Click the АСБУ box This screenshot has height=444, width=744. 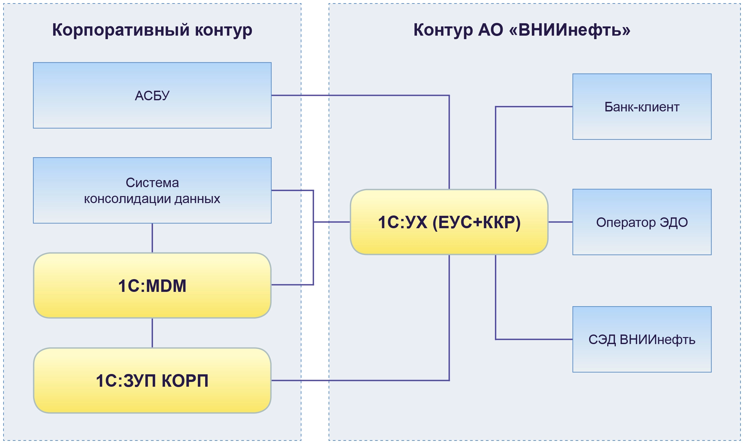click(x=152, y=95)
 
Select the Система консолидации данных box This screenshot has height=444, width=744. click(x=152, y=190)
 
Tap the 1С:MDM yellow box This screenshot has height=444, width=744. click(x=152, y=285)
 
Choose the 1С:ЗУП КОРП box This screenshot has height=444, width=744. click(x=152, y=380)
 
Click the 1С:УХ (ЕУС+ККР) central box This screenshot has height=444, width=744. click(x=449, y=222)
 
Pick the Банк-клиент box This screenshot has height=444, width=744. click(x=642, y=107)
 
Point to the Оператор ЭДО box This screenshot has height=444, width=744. click(x=642, y=222)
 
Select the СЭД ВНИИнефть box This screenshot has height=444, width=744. click(x=642, y=339)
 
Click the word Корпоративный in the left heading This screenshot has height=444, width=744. click(x=121, y=30)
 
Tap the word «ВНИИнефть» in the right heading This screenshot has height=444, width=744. click(x=569, y=30)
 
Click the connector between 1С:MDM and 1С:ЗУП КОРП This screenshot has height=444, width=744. click(x=152, y=333)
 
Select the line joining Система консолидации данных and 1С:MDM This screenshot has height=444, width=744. click(x=152, y=238)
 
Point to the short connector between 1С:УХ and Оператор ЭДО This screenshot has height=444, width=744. click(x=560, y=222)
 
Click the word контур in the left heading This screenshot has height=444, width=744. click(x=224, y=30)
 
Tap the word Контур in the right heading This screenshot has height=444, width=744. click(x=439, y=30)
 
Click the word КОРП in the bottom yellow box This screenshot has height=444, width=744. click(x=185, y=380)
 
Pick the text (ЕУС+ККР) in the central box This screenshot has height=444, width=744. click(x=476, y=222)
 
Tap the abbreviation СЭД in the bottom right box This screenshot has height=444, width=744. click(x=602, y=340)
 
